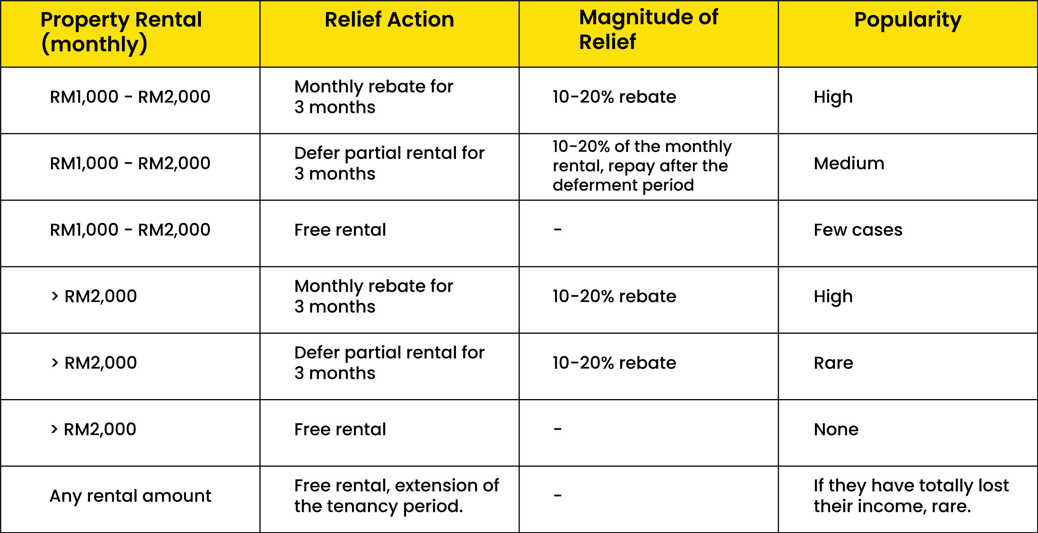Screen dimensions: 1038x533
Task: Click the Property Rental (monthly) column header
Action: (x=121, y=32)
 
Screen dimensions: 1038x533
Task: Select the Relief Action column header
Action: (x=389, y=19)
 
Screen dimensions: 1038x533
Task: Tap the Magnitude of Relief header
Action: (x=648, y=30)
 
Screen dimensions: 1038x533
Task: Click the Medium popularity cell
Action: (x=849, y=163)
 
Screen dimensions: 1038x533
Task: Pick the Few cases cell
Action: (x=858, y=230)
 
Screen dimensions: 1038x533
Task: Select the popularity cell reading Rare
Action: (x=833, y=363)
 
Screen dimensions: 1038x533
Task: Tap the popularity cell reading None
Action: (x=836, y=429)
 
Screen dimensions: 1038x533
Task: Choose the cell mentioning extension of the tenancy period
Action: (x=396, y=496)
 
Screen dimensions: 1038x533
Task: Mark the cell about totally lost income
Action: (x=911, y=496)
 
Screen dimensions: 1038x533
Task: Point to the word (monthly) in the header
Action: (x=94, y=45)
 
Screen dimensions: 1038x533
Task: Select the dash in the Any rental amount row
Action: (x=558, y=495)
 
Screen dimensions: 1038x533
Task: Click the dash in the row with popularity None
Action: (x=558, y=429)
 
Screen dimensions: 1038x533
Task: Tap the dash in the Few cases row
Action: (x=558, y=229)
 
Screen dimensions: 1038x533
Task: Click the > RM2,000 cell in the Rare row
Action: (x=94, y=363)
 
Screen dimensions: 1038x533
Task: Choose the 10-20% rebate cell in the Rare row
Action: (x=614, y=363)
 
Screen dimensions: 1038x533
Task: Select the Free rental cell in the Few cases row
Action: (x=340, y=230)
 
